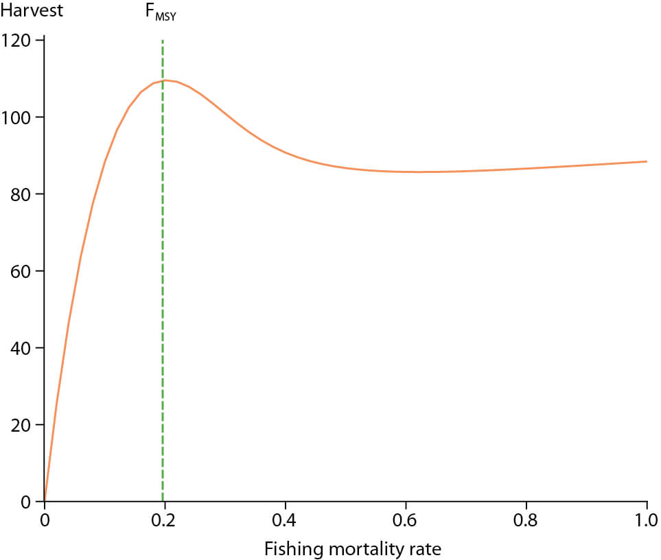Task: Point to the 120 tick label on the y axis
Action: click(18, 40)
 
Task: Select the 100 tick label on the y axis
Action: click(18, 117)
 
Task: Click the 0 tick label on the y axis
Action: click(25, 502)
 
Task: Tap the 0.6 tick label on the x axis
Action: click(406, 519)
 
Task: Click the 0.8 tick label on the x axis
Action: click(526, 519)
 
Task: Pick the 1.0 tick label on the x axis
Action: click(647, 519)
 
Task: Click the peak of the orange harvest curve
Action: click(165, 80)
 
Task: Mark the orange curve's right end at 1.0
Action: click(647, 162)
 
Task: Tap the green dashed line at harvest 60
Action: click(163, 271)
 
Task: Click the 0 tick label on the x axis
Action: click(45, 519)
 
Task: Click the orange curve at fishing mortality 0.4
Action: click(286, 152)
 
